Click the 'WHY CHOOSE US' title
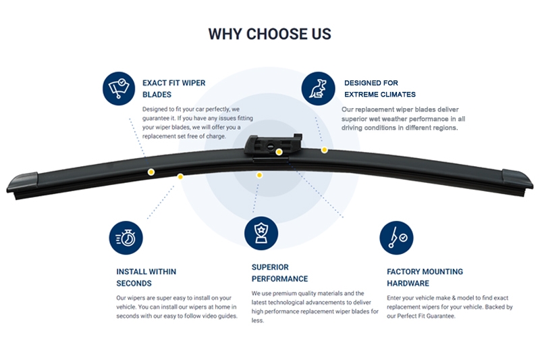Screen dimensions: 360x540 (x=269, y=34)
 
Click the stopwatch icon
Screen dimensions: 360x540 (x=126, y=238)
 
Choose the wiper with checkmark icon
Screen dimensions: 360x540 (x=396, y=238)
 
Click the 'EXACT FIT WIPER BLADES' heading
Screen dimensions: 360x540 (x=173, y=89)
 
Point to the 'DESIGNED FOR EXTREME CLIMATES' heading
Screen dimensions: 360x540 (x=379, y=89)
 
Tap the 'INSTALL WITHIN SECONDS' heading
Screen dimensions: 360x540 (x=146, y=278)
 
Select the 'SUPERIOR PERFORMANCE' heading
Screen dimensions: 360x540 (x=279, y=273)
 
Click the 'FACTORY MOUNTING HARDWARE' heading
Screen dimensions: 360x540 (x=425, y=278)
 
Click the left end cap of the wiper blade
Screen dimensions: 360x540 (x=22, y=182)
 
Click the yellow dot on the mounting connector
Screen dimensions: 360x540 (x=277, y=152)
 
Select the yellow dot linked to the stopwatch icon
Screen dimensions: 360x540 (x=180, y=176)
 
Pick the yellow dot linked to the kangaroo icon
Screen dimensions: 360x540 (x=324, y=149)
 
